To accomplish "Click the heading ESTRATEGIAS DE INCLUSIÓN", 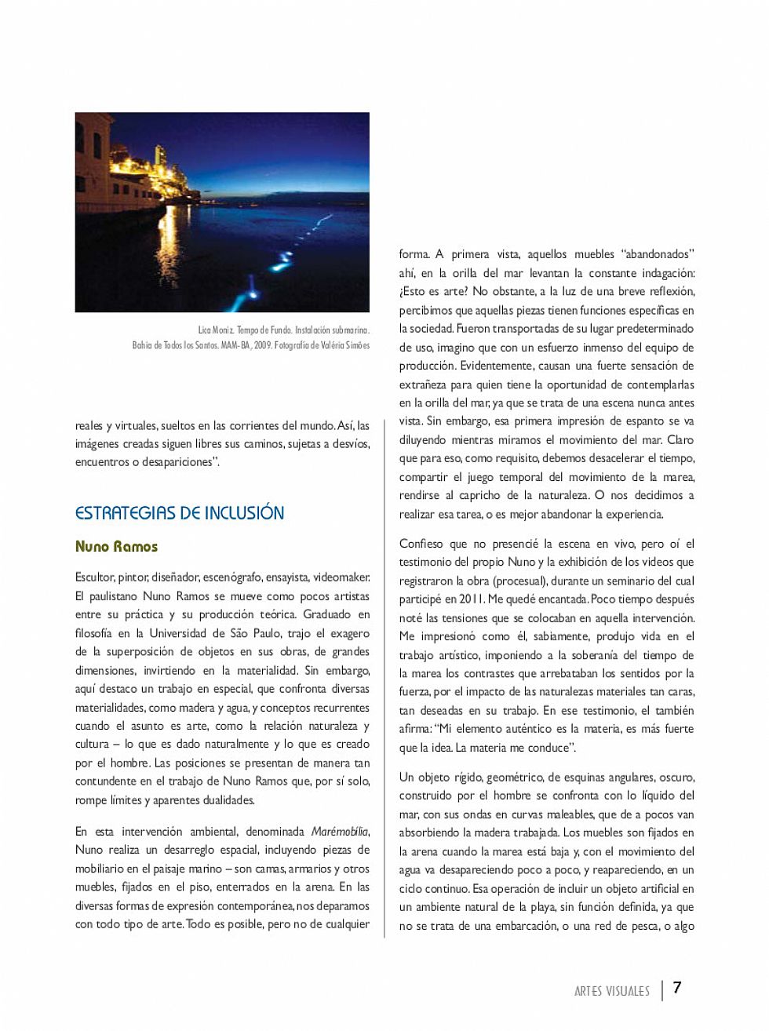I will pyautogui.click(x=180, y=513).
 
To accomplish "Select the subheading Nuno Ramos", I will pyautogui.click(x=116, y=547).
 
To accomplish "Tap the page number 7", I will pyautogui.click(x=677, y=988).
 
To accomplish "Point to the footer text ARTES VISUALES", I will pyautogui.click(x=612, y=991).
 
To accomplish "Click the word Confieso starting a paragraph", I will pyautogui.click(x=422, y=544).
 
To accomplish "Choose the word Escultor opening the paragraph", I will pyautogui.click(x=94, y=578).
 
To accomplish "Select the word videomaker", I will pyautogui.click(x=341, y=578).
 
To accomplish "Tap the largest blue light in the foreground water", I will pyautogui.click(x=253, y=291).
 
